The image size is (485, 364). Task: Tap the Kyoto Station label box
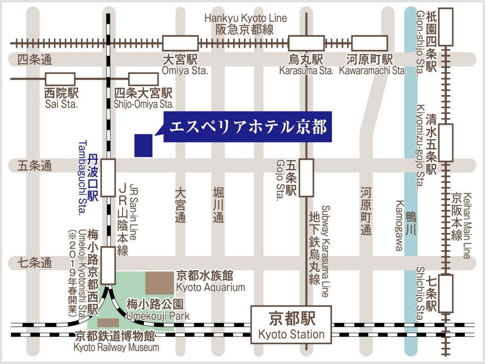pos(291,324)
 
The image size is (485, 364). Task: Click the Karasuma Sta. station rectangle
pos(306,43)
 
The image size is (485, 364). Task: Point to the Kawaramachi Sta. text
pos(372,71)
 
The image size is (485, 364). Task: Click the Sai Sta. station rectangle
pos(60,79)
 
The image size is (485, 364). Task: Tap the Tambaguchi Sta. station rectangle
pos(108,178)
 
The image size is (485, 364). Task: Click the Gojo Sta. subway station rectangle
pos(306,178)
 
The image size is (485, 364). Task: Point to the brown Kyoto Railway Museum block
pos(108,322)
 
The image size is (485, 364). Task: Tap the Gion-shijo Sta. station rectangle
pos(446,26)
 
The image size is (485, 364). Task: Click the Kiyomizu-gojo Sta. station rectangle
pos(446,143)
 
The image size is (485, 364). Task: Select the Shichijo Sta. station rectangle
pos(446,293)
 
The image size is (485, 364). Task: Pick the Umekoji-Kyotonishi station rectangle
pos(108,266)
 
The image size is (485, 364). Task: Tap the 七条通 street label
pos(35,264)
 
